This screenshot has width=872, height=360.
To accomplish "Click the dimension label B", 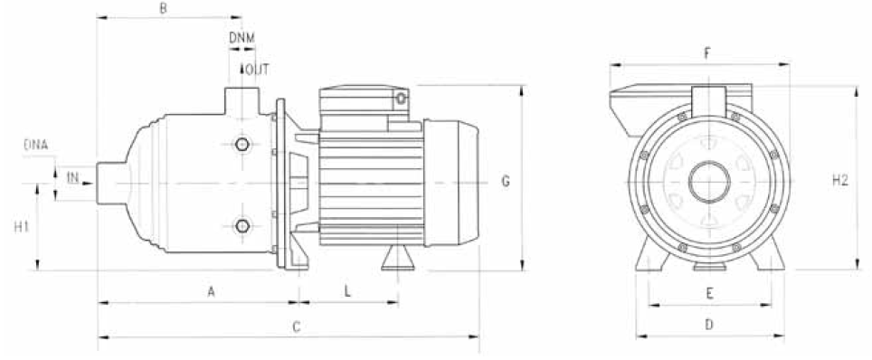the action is coord(163,8).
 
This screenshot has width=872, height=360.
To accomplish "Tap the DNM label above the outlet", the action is coord(242,38).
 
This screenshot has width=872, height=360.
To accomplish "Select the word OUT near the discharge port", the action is coord(257,70).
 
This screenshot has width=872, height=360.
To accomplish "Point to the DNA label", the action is coord(36,146).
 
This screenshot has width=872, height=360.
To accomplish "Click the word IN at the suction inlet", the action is coord(72,178).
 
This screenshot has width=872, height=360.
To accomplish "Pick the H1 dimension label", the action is coord(21,227).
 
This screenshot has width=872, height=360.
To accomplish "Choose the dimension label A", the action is coord(211,291).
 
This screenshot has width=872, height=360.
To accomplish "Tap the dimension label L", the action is coord(347,291).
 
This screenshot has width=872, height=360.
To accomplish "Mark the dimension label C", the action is coord(297,327).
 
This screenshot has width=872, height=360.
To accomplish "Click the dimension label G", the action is coord(506,182).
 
